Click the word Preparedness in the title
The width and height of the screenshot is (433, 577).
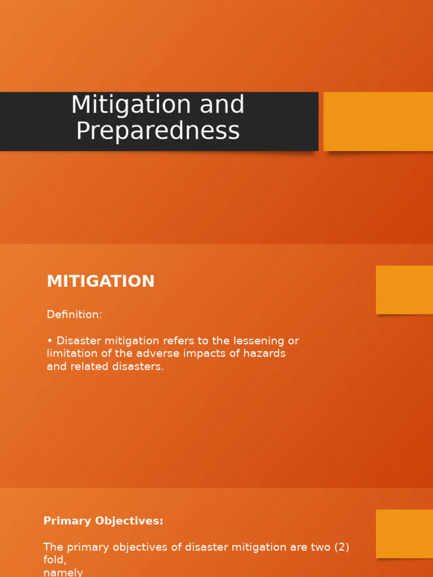(158, 131)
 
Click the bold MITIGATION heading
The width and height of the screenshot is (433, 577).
(100, 282)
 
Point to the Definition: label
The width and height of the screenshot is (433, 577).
(74, 315)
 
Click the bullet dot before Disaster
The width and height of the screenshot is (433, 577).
(50, 341)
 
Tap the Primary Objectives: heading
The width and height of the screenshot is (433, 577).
(103, 521)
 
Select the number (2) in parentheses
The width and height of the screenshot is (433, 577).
(339, 547)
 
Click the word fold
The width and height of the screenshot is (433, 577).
(54, 560)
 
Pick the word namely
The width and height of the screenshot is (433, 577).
(63, 572)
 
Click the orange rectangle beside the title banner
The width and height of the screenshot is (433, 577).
(378, 121)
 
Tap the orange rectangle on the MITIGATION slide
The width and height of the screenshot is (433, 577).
(404, 290)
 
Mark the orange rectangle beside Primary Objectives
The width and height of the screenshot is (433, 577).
(404, 534)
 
